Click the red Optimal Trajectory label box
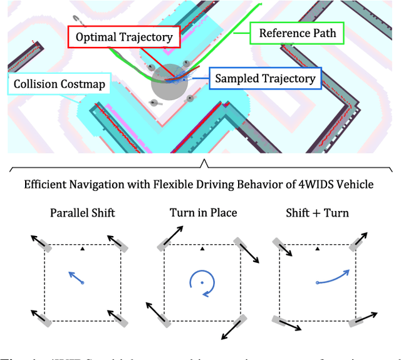(124, 37)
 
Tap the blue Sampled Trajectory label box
(264, 78)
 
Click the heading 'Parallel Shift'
(83, 213)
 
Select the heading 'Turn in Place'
(203, 213)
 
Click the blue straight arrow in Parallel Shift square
(76, 278)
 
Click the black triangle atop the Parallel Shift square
(83, 249)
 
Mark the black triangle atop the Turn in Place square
(202, 249)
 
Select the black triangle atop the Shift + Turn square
(318, 249)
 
